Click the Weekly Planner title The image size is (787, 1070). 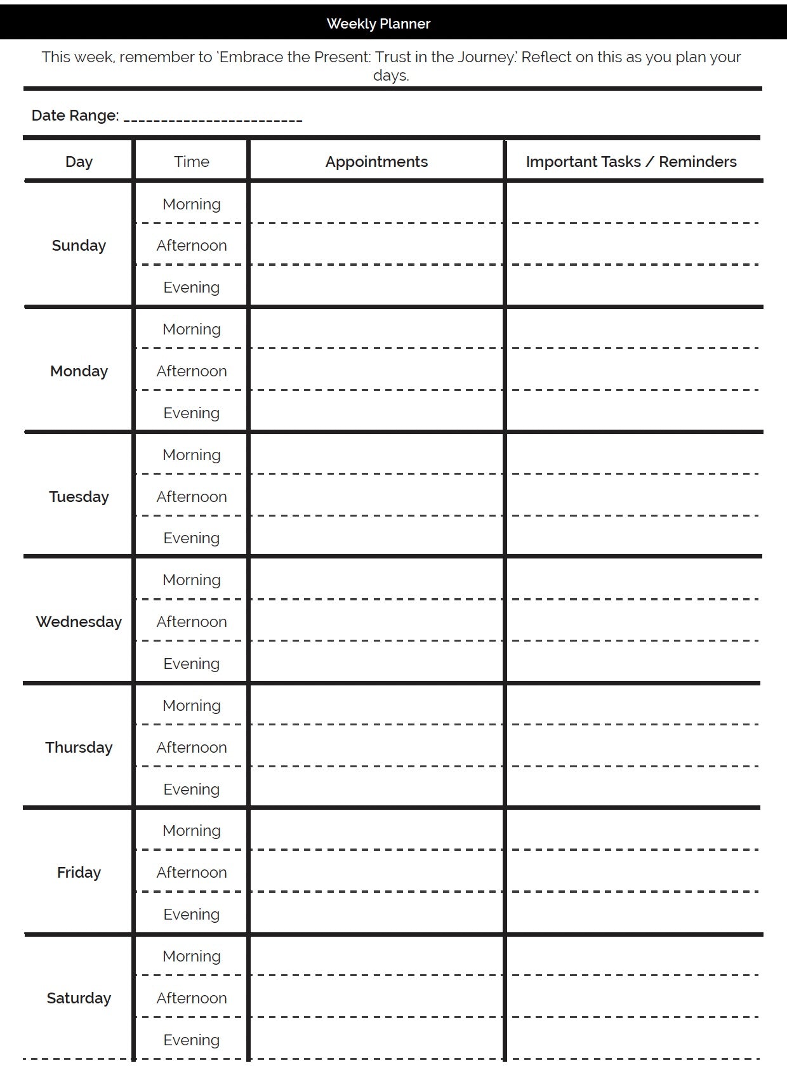[x=378, y=23]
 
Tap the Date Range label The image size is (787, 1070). [x=75, y=116]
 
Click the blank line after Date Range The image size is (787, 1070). [x=213, y=117]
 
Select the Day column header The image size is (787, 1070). [x=79, y=162]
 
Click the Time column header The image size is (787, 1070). [x=191, y=162]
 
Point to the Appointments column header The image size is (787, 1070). [x=376, y=162]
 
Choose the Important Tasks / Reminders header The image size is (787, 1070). [x=631, y=162]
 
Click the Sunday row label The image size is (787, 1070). [x=79, y=246]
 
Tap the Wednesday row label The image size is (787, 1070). [x=79, y=622]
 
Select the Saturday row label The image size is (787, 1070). [x=79, y=998]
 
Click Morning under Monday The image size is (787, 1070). [x=191, y=329]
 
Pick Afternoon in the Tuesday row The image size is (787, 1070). [x=191, y=496]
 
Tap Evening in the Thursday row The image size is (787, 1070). [x=191, y=789]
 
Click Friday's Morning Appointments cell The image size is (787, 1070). [x=376, y=830]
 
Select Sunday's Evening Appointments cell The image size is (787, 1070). [x=376, y=287]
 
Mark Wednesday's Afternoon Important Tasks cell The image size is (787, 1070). [x=633, y=621]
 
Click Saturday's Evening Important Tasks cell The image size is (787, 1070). [x=633, y=1039]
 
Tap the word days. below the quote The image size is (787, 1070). [x=391, y=76]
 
